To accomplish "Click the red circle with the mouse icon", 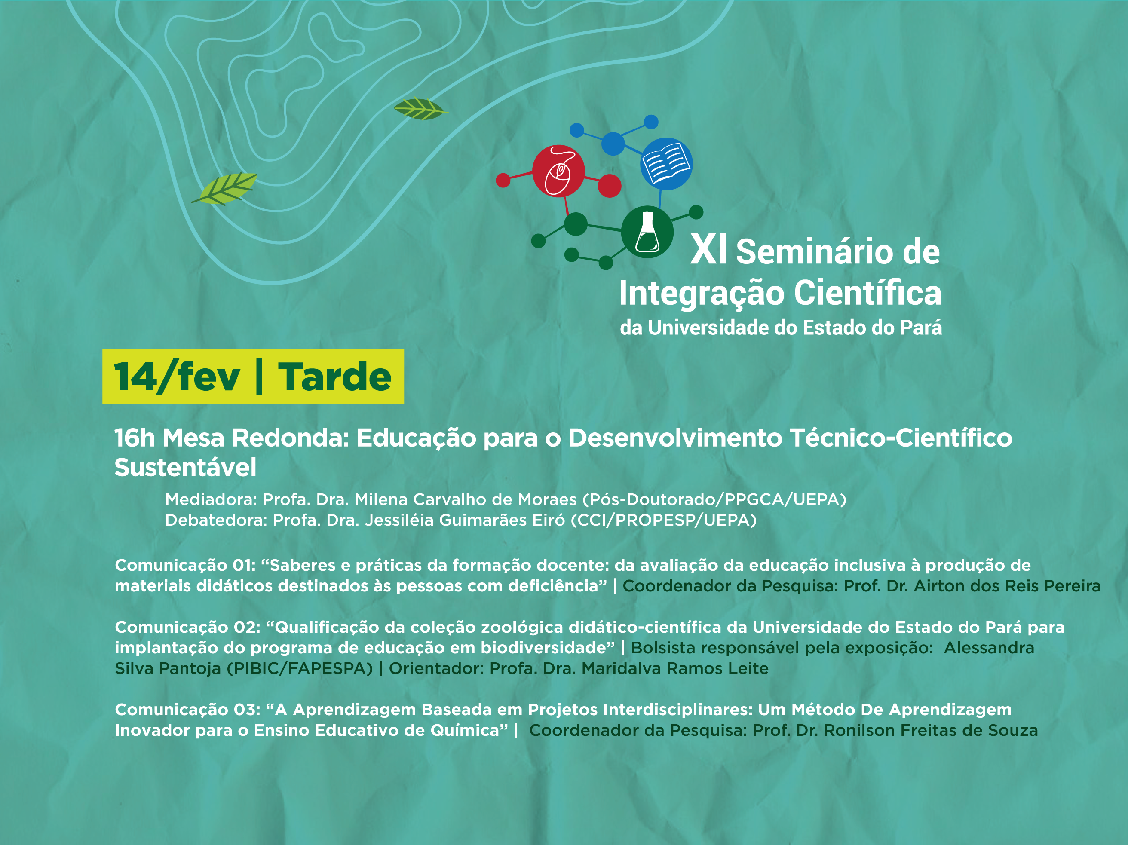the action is coord(558,171).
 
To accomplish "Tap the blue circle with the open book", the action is coord(666,164).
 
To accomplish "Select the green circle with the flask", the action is coord(647,232).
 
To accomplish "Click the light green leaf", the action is coord(224,188).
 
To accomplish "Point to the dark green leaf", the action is coord(421,109).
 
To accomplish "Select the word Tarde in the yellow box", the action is coord(335,377).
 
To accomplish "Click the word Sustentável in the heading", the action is coord(186,467).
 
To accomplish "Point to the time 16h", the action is coord(135,438).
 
